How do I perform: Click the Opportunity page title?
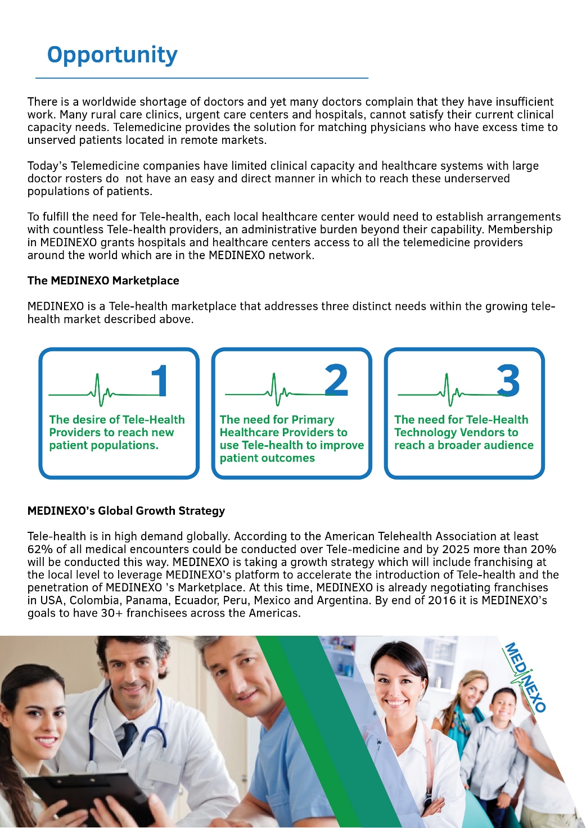(112, 55)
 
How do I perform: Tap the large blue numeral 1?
(160, 381)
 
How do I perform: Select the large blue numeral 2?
(336, 381)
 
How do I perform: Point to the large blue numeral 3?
(508, 381)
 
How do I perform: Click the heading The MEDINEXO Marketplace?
(103, 280)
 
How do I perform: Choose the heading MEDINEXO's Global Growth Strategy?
(126, 511)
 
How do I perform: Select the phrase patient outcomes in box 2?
(267, 458)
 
